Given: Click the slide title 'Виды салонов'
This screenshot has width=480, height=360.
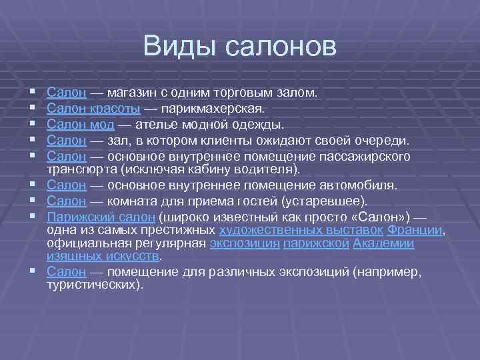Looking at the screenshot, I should click(x=240, y=47).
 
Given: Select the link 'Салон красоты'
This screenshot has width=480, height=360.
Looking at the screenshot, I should click(x=93, y=107).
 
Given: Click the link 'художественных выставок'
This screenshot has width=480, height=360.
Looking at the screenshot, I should click(x=301, y=230).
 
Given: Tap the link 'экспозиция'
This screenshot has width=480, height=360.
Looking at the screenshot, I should click(x=244, y=244).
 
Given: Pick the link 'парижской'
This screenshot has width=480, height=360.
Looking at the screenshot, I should click(x=316, y=244).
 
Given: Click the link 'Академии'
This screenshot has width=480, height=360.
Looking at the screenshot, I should click(x=383, y=244).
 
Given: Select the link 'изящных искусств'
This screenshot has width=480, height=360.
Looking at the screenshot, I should click(x=103, y=256).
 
